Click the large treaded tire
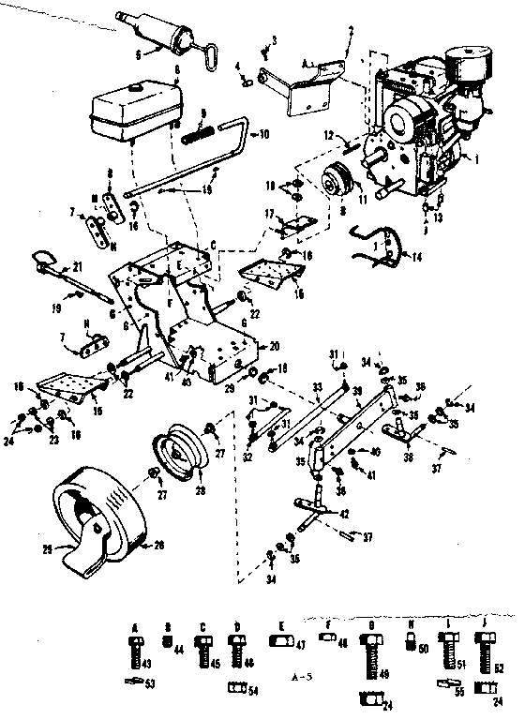(94, 514)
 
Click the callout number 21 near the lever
(78, 266)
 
